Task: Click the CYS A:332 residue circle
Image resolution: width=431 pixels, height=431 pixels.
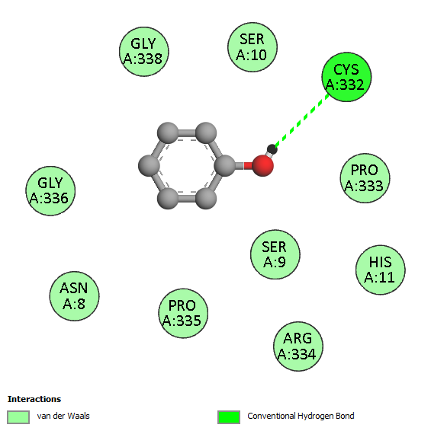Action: click(x=346, y=77)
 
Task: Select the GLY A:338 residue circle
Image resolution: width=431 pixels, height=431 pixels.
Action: click(x=143, y=52)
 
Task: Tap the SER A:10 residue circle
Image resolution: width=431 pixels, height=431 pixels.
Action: click(x=252, y=47)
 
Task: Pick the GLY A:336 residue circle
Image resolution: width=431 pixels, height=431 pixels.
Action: click(x=50, y=191)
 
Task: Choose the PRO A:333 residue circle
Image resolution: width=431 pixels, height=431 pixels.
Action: click(x=365, y=178)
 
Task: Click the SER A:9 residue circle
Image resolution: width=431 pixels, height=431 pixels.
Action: click(x=275, y=254)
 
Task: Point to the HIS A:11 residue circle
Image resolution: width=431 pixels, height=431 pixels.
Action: click(x=381, y=270)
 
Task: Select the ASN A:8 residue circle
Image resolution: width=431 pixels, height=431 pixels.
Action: click(x=74, y=296)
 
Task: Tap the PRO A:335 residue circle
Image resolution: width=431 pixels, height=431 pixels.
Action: click(x=183, y=314)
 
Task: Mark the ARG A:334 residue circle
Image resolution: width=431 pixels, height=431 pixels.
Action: click(x=298, y=346)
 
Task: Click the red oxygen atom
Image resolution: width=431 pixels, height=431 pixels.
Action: click(x=262, y=165)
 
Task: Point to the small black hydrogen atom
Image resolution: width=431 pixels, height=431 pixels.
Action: click(x=272, y=149)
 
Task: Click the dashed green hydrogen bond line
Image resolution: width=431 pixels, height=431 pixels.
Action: click(x=302, y=120)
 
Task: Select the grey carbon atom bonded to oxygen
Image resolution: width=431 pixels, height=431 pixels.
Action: click(x=225, y=165)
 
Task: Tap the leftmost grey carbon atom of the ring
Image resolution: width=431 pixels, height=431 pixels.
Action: click(x=149, y=165)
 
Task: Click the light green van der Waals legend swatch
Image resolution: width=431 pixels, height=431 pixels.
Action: click(x=18, y=417)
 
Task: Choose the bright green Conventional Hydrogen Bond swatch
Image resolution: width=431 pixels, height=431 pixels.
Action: click(x=229, y=417)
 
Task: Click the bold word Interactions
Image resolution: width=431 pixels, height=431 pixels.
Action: click(x=34, y=399)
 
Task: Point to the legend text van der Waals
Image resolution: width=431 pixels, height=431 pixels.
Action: click(x=63, y=417)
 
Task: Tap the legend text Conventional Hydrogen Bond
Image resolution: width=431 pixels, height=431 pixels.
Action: click(x=301, y=417)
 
